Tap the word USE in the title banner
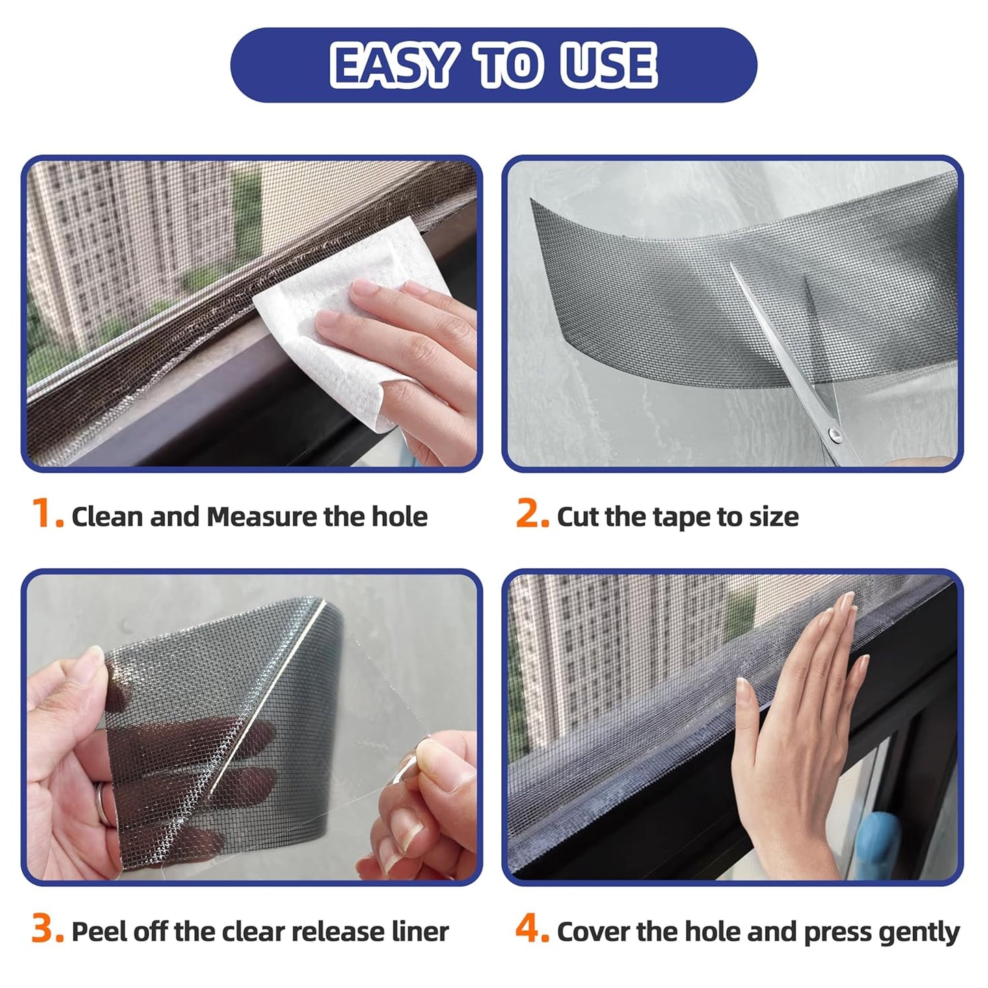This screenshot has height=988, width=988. pyautogui.click(x=608, y=66)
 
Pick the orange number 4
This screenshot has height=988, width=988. pyautogui.click(x=531, y=930)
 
